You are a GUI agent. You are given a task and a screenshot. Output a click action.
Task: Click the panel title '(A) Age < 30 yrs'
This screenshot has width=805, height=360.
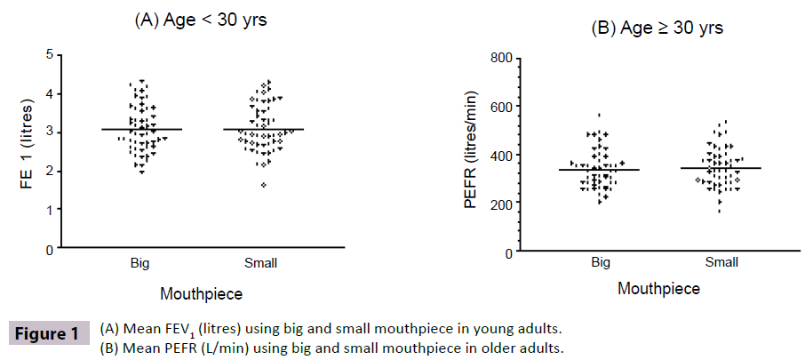click(x=200, y=20)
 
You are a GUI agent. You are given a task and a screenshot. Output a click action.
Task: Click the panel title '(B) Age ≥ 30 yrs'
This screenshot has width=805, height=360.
click(x=657, y=28)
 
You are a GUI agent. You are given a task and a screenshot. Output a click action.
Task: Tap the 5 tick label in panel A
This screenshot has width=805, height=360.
click(x=48, y=54)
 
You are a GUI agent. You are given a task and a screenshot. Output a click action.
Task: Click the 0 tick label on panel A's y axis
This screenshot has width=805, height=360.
click(x=48, y=250)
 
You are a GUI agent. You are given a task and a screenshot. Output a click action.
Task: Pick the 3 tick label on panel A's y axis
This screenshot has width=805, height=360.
click(x=48, y=132)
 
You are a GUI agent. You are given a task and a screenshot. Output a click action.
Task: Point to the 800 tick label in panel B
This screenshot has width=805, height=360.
click(x=499, y=59)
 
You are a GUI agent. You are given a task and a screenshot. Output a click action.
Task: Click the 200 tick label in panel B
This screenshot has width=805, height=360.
click(x=499, y=204)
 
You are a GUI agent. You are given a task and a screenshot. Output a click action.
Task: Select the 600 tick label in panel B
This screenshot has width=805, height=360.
click(x=499, y=108)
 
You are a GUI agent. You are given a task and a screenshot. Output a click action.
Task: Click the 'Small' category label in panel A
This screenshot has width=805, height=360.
click(x=263, y=263)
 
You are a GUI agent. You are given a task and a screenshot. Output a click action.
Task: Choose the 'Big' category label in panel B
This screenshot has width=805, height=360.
click(x=600, y=264)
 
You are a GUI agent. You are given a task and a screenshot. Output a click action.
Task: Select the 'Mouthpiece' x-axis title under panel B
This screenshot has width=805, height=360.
click(x=658, y=289)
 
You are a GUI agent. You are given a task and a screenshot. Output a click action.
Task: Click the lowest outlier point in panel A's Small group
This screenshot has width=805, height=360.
click(x=263, y=185)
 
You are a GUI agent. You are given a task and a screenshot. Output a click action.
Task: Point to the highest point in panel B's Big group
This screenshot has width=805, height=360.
click(x=599, y=115)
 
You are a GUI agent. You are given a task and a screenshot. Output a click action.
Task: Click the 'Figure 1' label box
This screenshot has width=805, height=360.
click(x=50, y=335)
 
